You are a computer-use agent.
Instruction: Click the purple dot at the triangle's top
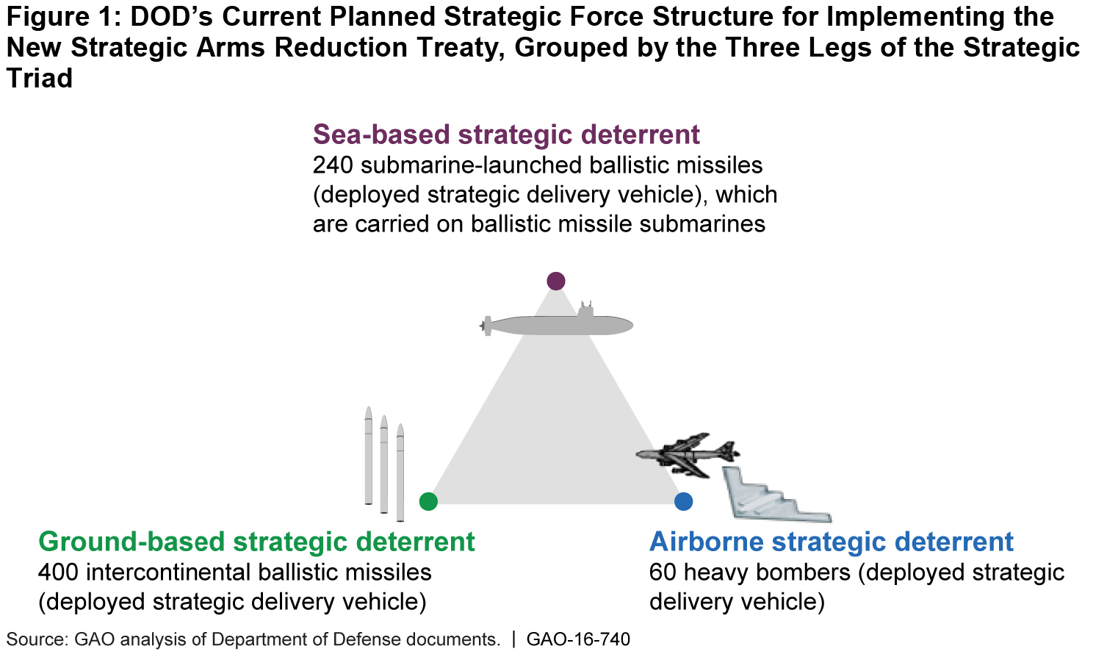click(x=556, y=281)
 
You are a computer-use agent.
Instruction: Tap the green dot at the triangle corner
click(x=428, y=501)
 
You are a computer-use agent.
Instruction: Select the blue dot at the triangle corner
click(x=683, y=501)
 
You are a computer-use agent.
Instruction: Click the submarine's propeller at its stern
click(x=486, y=325)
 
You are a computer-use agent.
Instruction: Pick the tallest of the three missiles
click(x=369, y=456)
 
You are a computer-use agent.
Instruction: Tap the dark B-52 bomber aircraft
click(x=687, y=453)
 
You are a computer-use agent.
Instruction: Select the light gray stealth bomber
click(x=771, y=496)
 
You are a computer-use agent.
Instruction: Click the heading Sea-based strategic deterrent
click(x=506, y=134)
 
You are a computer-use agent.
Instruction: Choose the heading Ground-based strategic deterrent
click(x=256, y=542)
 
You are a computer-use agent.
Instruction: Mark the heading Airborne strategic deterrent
click(x=831, y=542)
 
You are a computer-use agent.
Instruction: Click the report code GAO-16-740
click(x=578, y=639)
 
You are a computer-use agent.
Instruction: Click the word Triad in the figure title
click(x=40, y=78)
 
